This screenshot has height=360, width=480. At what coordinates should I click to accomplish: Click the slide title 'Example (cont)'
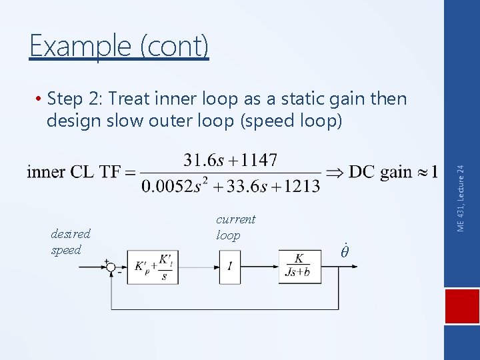coord(119,46)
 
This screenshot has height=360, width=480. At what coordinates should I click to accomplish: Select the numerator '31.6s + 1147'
coord(231,160)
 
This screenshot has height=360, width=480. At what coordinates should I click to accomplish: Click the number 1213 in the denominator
coord(299,186)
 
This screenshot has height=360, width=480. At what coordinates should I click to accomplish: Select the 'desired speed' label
coord(71,242)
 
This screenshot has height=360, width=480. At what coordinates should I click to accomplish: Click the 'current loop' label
coord(235,227)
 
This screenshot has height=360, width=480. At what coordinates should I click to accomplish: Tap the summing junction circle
coord(111,267)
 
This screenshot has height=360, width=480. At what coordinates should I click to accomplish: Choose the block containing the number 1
coord(229,267)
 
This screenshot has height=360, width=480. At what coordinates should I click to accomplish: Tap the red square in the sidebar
coord(462,310)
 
